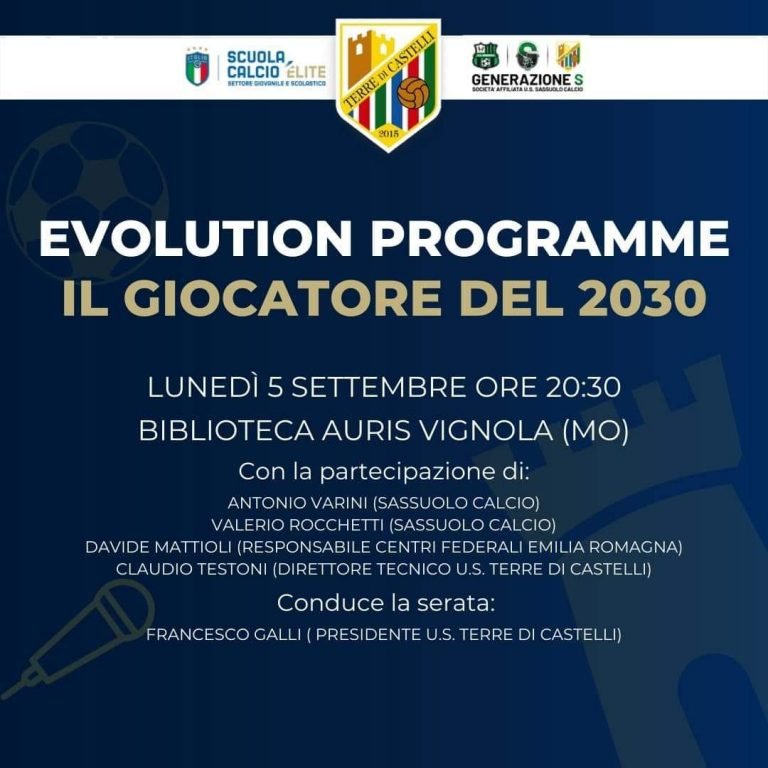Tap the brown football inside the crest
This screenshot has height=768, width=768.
pyautogui.click(x=413, y=93)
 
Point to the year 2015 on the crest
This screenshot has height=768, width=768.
pyautogui.click(x=388, y=134)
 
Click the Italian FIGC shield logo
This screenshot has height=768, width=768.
pyautogui.click(x=197, y=67)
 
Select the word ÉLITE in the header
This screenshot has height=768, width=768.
pyautogui.click(x=306, y=72)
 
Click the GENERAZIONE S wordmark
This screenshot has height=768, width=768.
pyautogui.click(x=528, y=80)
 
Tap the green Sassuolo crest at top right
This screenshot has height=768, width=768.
pyautogui.click(x=484, y=55)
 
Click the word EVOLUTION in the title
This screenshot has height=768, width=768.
pyautogui.click(x=196, y=239)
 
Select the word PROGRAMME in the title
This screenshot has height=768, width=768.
pyautogui.click(x=550, y=239)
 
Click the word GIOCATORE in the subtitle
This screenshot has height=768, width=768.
pyautogui.click(x=282, y=298)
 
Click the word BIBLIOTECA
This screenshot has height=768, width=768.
pyautogui.click(x=226, y=431)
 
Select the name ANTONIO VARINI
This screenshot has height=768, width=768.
pyautogui.click(x=297, y=503)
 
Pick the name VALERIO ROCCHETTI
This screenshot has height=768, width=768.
pyautogui.click(x=297, y=525)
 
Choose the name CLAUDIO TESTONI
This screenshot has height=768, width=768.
pyautogui.click(x=192, y=569)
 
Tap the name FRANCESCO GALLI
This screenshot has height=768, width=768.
pyautogui.click(x=223, y=635)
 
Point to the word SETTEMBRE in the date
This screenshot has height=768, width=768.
pyautogui.click(x=379, y=387)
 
